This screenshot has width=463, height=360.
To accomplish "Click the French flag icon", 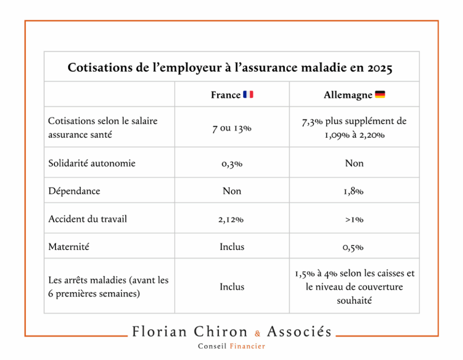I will pos(248,95).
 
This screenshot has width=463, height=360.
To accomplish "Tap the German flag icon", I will pos(380,95).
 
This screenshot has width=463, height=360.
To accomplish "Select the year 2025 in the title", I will pos(380,68).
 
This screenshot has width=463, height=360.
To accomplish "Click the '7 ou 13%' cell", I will pos(232,128).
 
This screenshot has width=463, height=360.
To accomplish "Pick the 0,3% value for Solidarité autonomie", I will pos(232,164).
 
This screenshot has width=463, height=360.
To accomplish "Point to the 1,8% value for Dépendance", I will pos(354,191).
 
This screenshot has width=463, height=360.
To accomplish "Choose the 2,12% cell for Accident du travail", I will pos(232,219).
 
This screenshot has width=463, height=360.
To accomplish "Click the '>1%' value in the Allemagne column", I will pos(354,219).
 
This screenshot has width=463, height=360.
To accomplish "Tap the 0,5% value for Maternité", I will pos(354,247).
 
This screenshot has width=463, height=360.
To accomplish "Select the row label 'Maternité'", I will pos(69,247).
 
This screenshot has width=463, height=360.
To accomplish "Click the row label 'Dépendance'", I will pos(74,191).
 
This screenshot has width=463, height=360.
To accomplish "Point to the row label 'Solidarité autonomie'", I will pos(92,164).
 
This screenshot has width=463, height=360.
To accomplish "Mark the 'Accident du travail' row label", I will pos(88,219).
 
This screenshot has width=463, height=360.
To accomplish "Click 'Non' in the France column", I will pos(232,191).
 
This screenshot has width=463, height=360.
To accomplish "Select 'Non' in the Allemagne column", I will pos(354,164).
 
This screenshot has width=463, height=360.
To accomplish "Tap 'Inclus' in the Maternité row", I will pos(232,247).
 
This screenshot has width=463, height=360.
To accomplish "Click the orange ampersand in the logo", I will pos(258,334).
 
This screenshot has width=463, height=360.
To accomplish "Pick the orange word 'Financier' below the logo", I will pos(247,346).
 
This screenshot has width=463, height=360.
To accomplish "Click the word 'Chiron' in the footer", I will pos(221,332).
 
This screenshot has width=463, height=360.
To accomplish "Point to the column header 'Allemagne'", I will pos(348,95).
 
